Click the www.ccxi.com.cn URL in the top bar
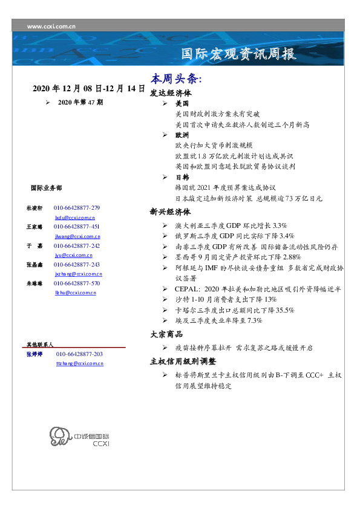tap(51, 27)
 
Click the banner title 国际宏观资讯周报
tap(239, 54)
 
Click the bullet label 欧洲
tap(182, 135)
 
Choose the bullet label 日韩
tap(182, 177)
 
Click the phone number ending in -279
tap(76, 207)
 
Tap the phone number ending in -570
tap(76, 283)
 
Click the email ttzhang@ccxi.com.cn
tap(79, 363)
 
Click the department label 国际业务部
tap(45, 188)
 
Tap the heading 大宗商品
tap(166, 334)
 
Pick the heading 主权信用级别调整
tap(183, 361)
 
